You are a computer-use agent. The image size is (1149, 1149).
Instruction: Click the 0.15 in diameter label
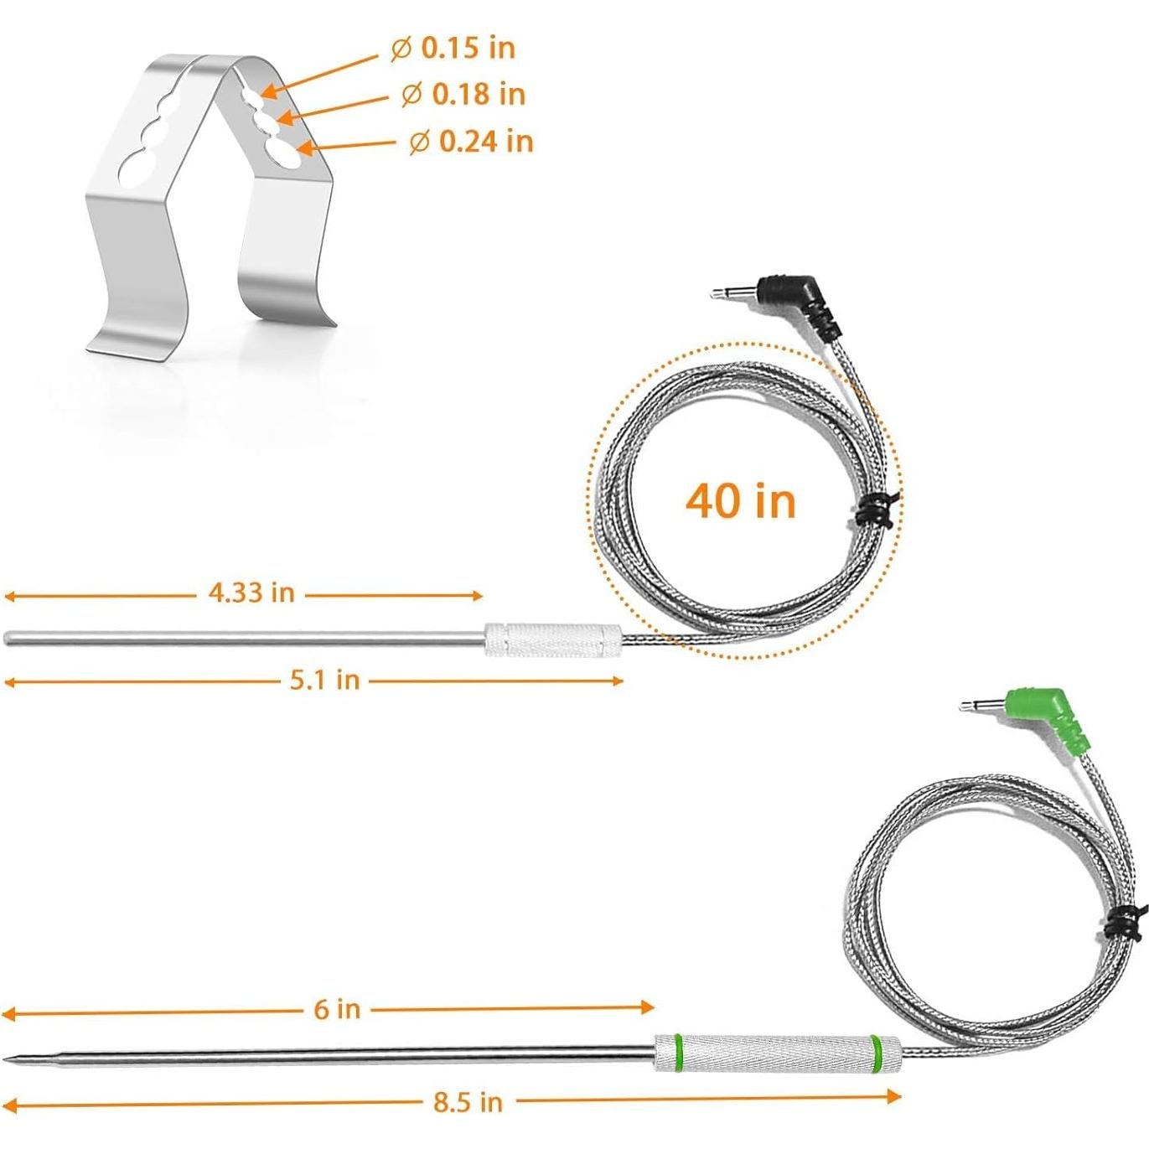point(453,49)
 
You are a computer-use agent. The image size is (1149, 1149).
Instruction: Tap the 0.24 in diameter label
point(472,141)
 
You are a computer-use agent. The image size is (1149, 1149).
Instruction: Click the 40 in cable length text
point(740,501)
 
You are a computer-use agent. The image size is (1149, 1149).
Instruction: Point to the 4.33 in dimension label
point(251,593)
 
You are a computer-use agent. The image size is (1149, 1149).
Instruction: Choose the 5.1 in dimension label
point(325,680)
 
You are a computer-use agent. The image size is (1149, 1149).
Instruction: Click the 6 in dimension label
point(337,1009)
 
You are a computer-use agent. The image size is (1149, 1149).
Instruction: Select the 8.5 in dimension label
point(468,1102)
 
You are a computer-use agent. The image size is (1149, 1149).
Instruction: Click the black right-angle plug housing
point(794,295)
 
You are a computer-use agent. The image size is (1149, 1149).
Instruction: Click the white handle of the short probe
point(554,639)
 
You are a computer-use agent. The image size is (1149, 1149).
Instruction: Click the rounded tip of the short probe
point(8,638)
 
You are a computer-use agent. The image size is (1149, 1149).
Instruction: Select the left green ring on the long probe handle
point(679,1053)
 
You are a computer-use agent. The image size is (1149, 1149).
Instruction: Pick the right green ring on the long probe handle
point(876,1053)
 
